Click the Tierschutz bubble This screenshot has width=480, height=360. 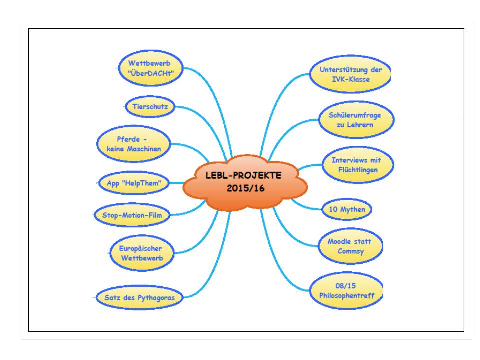[x=150, y=106]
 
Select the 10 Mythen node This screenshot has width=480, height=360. [x=347, y=210]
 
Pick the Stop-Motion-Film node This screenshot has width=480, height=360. [x=132, y=215]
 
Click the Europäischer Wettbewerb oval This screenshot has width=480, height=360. [x=141, y=252]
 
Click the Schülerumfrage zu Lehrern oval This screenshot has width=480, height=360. [x=356, y=120]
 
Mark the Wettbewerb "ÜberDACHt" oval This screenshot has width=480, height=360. [x=147, y=69]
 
